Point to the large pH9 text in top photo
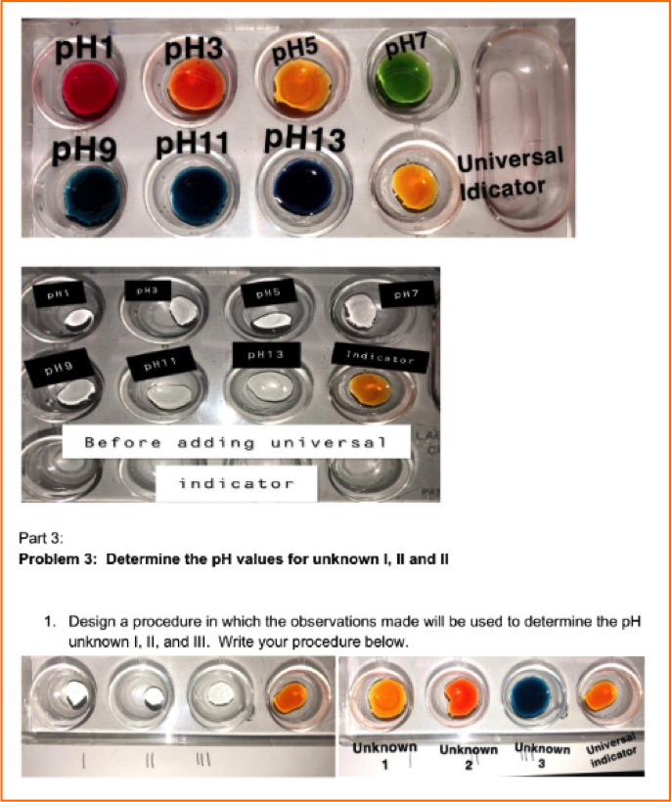[84, 149]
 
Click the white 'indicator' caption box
[236, 483]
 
